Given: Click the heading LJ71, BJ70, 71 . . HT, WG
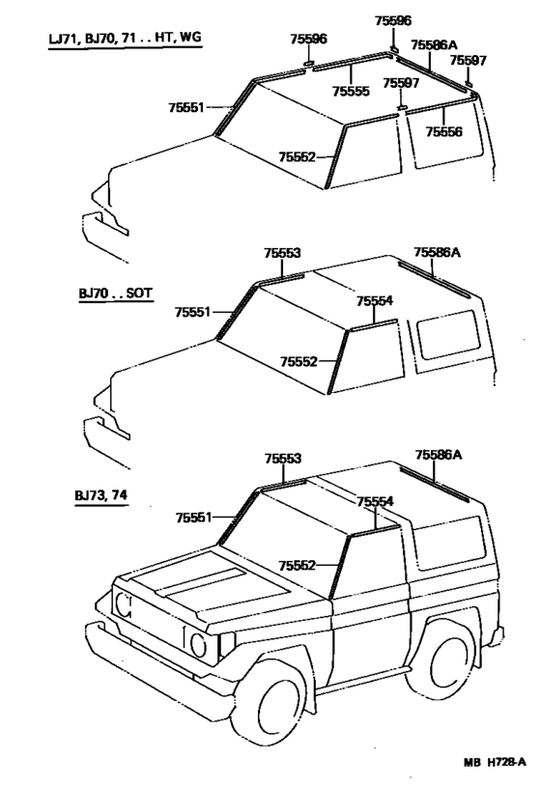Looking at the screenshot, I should (127, 38).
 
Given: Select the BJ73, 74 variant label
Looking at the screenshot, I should (100, 495).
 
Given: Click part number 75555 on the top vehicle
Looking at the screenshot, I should (351, 91).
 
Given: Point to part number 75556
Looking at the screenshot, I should (446, 130).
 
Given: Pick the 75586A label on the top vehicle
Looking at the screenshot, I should (433, 44).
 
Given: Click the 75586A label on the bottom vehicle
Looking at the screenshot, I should (439, 453).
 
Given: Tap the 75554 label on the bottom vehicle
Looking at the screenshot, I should (375, 501).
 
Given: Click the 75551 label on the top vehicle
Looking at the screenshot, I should (185, 107).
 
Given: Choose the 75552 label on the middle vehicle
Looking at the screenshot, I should (299, 360).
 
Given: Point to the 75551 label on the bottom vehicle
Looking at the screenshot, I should (193, 518).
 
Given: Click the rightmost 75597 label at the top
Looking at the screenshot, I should (468, 60).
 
